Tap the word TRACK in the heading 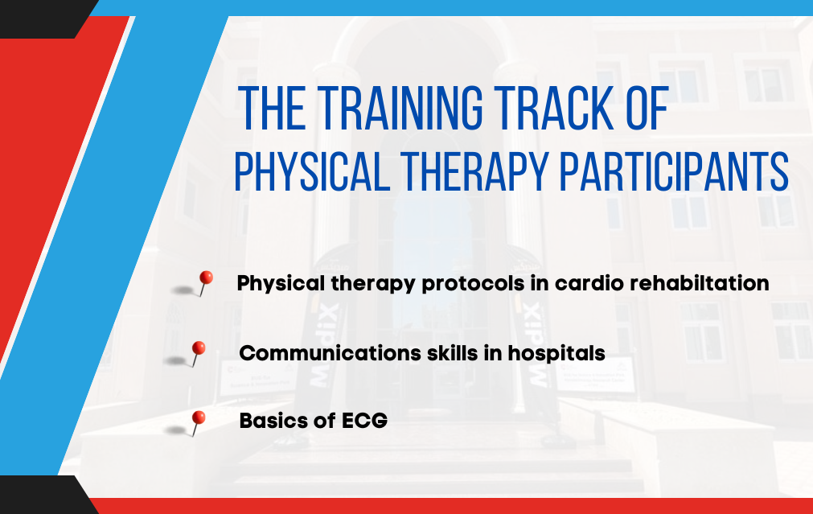(554, 108)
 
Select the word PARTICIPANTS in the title (675, 171)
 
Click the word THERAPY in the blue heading (474, 171)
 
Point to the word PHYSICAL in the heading (312, 171)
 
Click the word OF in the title (647, 108)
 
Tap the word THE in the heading (272, 108)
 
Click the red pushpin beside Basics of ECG (196, 423)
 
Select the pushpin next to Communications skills (197, 353)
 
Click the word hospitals (556, 353)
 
